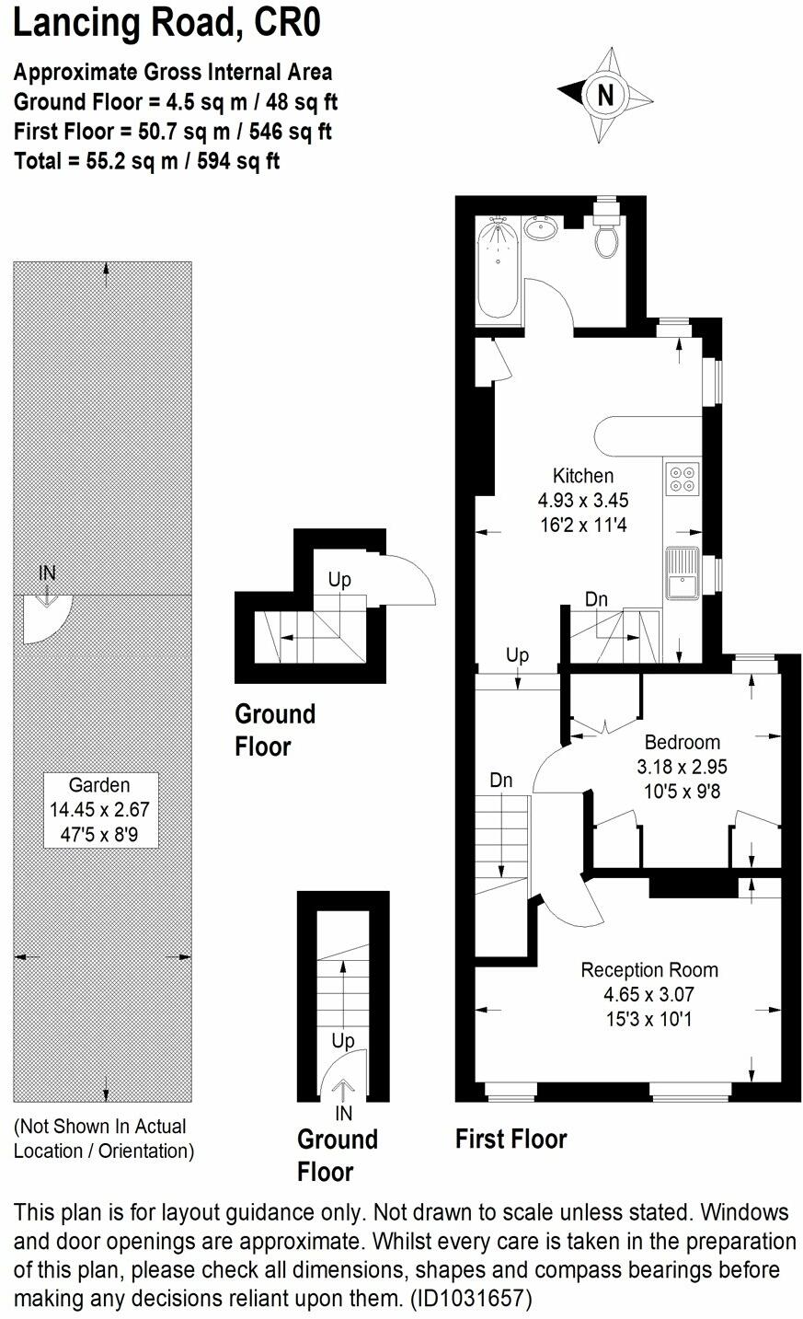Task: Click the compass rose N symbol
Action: pos(605,95)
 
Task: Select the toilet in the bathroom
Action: pos(606,237)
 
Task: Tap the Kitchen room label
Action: pos(582,476)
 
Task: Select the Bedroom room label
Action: pos(682,742)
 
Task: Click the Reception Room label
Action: pos(649,969)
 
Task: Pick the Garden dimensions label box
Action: pos(101,810)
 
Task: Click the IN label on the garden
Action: pos(47,573)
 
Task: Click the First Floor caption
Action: pos(511,1139)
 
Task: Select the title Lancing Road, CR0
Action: pos(166,23)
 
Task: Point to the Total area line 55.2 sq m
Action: pos(147,161)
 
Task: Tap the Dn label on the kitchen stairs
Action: pos(596,599)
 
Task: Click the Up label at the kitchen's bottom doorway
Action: pos(517,655)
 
